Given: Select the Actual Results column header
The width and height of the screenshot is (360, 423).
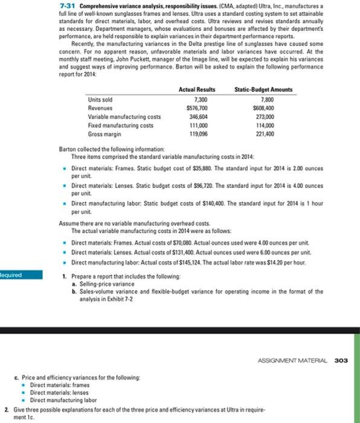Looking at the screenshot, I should [197, 89].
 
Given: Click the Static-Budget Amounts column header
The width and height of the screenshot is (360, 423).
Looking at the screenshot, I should [263, 89].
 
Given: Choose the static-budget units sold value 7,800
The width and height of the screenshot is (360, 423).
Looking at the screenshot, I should [265, 99].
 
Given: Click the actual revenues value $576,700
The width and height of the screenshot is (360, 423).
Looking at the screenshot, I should [196, 108].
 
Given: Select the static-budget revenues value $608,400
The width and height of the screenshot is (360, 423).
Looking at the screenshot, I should [263, 108].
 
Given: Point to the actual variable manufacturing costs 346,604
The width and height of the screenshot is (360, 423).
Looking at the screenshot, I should [197, 116].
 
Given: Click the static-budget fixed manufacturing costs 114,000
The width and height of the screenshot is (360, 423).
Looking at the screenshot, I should [264, 124].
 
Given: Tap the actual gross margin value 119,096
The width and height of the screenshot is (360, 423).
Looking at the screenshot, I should [197, 133].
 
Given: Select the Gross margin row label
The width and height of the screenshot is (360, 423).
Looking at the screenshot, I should [103, 133].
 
